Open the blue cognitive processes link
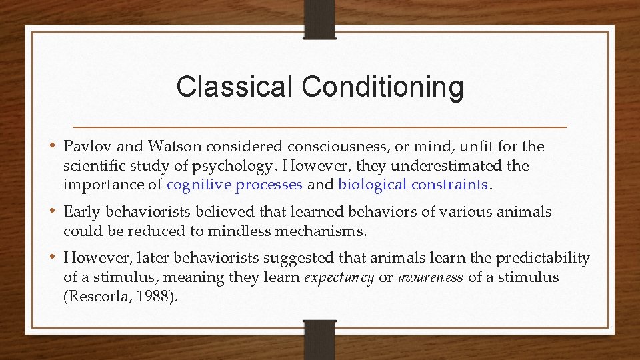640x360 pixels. click(x=235, y=185)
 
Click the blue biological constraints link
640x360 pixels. click(x=413, y=185)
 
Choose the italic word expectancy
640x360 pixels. click(x=339, y=277)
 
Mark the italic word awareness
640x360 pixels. click(x=431, y=277)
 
